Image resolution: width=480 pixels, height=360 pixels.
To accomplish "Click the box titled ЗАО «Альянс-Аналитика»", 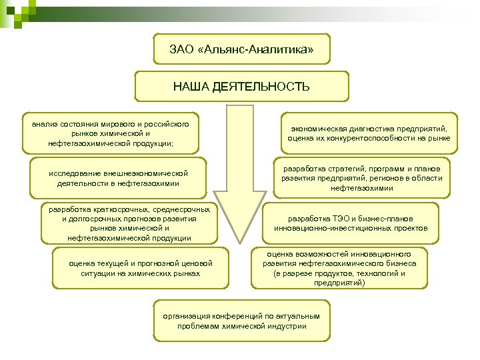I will coord(241,50).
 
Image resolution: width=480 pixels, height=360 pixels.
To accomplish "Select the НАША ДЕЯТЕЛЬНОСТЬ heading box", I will coord(241,87).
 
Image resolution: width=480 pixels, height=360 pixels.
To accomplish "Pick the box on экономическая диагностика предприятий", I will coord(369,133).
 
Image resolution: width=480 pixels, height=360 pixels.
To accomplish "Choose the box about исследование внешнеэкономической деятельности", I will coord(118,178).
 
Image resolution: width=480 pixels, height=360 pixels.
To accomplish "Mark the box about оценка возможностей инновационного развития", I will coord(339,268).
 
